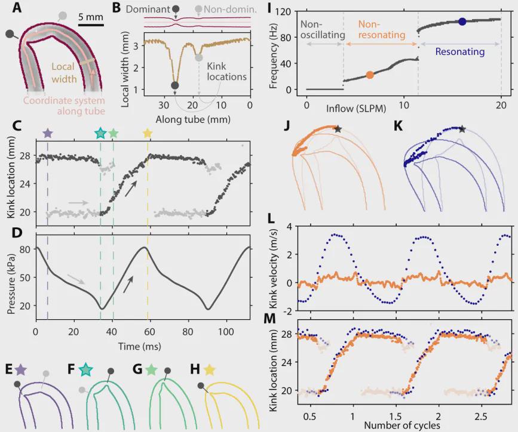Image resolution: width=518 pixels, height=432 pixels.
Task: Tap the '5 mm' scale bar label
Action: [91, 17]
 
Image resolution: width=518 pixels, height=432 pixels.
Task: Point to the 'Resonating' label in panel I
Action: [459, 52]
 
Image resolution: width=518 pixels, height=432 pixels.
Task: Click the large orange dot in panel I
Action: [370, 75]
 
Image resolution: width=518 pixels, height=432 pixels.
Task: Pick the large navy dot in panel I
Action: [462, 21]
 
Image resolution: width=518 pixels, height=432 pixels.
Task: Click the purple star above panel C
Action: [48, 132]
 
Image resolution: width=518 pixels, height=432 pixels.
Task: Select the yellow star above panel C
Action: [148, 132]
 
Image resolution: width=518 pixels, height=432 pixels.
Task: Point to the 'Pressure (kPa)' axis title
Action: [10, 277]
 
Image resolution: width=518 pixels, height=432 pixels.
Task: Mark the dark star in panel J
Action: [338, 129]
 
